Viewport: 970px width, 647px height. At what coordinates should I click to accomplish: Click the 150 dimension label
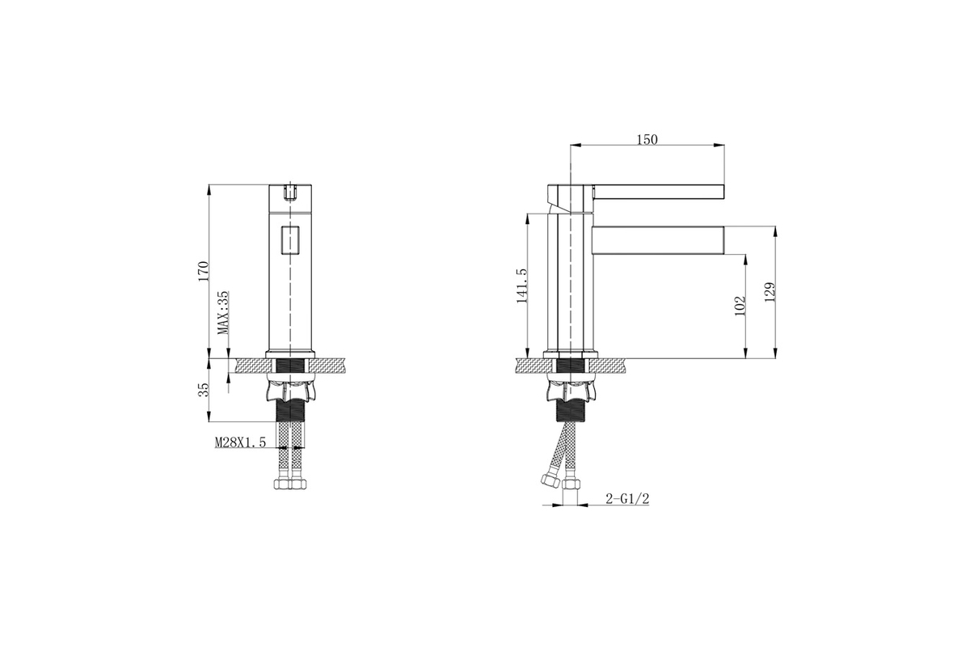point(647,140)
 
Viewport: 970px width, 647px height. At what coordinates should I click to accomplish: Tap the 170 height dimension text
point(204,271)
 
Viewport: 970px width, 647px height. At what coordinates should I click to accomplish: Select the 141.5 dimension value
point(522,285)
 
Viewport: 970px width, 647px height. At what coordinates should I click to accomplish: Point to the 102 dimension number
point(740,306)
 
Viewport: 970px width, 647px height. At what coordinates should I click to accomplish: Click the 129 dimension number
point(770,293)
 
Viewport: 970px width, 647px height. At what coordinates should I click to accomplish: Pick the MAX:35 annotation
point(223,312)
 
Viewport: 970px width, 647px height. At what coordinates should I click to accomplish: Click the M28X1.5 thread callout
point(240,442)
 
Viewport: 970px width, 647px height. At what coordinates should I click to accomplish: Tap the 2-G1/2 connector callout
point(627,499)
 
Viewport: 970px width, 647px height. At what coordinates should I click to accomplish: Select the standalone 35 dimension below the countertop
point(204,389)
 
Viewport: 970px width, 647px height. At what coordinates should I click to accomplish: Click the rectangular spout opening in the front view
point(290,239)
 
